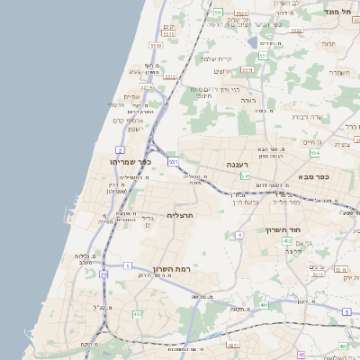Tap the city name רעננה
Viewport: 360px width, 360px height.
(x=246, y=166)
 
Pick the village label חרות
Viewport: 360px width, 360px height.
(x=328, y=43)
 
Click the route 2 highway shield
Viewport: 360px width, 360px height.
(x=120, y=149)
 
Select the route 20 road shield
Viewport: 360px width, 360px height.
(x=103, y=274)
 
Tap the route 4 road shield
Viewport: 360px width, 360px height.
(x=239, y=235)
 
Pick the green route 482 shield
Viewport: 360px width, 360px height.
(x=137, y=314)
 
